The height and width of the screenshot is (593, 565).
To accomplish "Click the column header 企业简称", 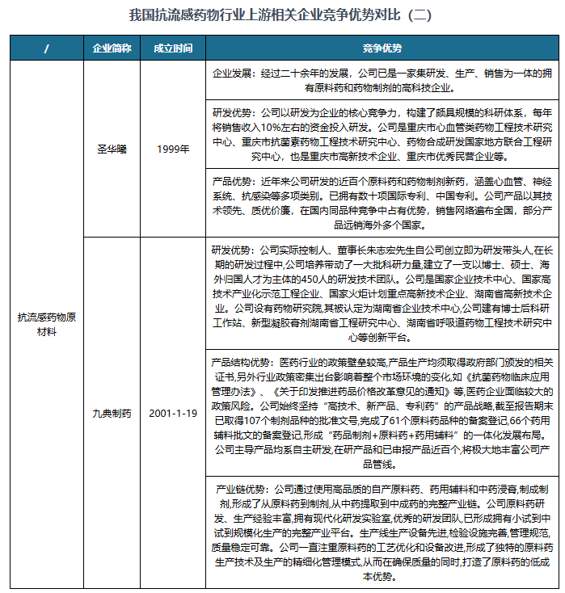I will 112,48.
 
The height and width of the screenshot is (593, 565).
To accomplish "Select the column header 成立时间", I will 173,48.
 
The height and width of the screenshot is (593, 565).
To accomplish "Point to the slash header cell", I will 47,48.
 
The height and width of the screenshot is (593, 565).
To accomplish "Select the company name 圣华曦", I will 112,149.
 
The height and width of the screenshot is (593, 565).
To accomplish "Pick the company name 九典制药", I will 112,413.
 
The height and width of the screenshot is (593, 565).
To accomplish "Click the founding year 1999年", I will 173,149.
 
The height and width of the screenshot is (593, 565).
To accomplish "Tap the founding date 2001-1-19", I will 173,413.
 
